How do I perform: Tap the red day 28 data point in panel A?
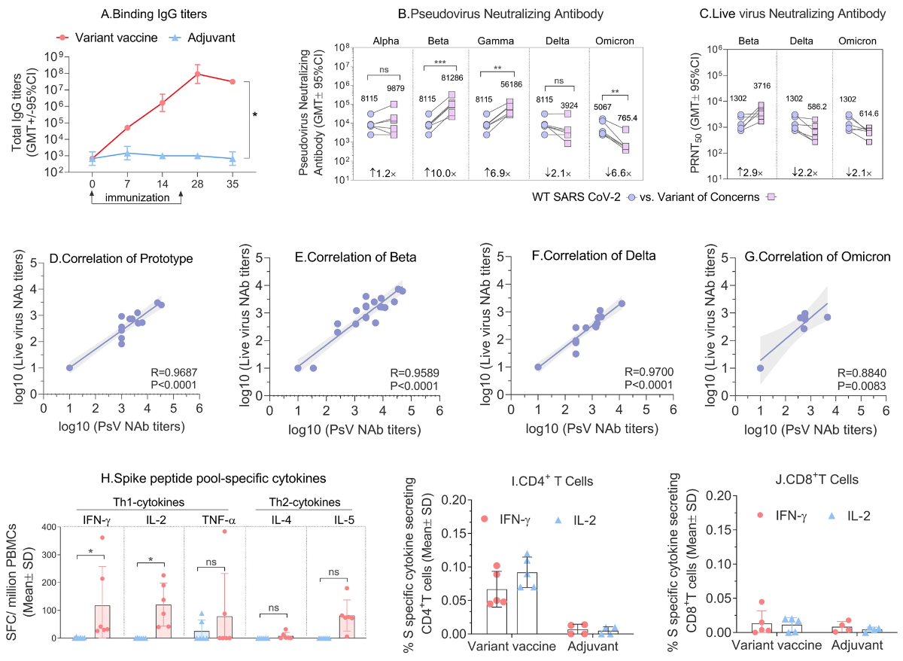pos(197,74)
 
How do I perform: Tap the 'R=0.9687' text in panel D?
pos(172,370)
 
